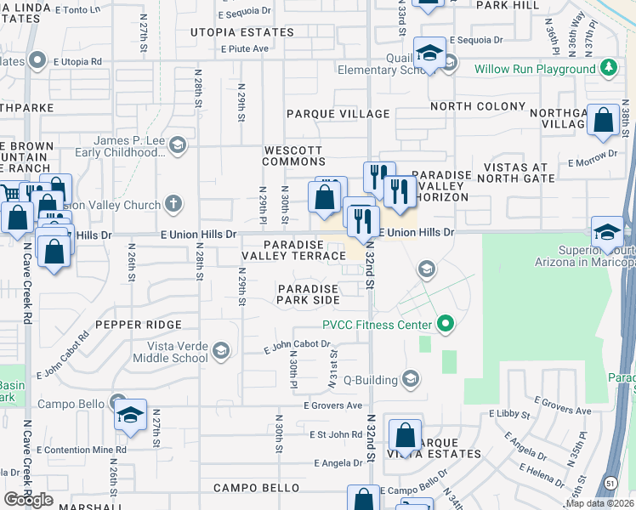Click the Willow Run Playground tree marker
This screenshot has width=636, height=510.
(x=607, y=69)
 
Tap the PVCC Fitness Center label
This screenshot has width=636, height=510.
(x=378, y=324)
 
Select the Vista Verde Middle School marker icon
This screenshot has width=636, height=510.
(x=220, y=350)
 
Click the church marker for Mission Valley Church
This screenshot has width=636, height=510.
(x=173, y=204)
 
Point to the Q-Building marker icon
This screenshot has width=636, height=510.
(x=411, y=378)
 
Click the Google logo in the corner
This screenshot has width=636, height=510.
(x=29, y=500)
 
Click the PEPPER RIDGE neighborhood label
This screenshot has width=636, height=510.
(x=139, y=325)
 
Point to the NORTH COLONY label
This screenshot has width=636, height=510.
(x=478, y=106)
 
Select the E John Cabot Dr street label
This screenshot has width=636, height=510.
(x=297, y=345)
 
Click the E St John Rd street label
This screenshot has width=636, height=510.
(x=334, y=434)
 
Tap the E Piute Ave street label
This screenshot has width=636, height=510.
(x=245, y=49)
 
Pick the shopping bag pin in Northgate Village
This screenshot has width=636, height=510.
(x=603, y=122)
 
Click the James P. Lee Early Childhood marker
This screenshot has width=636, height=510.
(x=177, y=144)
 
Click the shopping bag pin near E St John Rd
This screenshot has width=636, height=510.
(x=406, y=435)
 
